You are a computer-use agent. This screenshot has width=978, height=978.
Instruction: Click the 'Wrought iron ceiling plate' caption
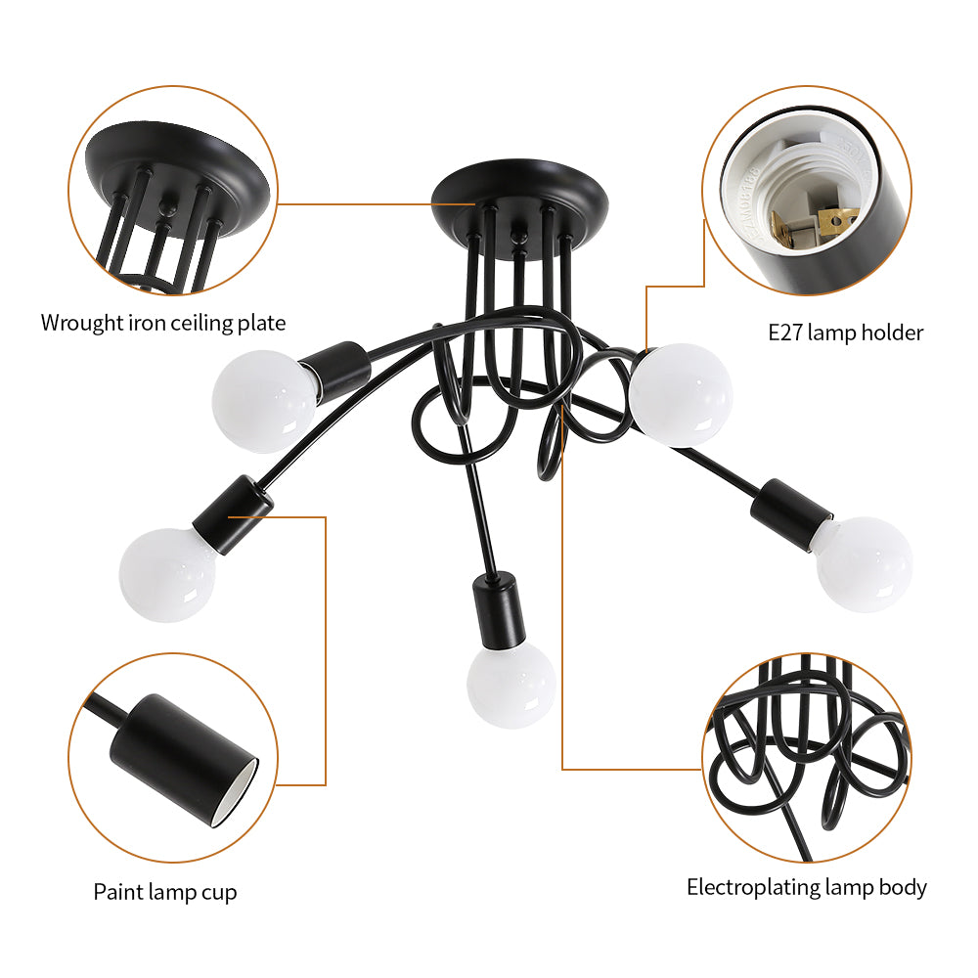point(163,323)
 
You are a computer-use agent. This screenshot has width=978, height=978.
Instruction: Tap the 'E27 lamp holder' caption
point(845,333)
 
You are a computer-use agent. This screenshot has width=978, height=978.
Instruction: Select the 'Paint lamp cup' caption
point(165,892)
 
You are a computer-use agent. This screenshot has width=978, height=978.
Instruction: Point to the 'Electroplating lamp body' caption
point(807,888)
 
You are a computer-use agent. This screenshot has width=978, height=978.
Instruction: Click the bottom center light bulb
point(511,685)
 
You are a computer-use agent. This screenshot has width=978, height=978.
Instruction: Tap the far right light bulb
point(864,564)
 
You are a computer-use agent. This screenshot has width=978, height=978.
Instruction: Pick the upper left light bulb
point(264,401)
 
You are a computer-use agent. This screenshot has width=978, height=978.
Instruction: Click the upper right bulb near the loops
point(681,395)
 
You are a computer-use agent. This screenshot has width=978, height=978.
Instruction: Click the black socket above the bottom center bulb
point(497,610)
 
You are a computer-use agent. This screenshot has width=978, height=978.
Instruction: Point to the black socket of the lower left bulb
point(233,515)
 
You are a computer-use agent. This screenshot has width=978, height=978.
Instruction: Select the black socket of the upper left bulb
point(334,370)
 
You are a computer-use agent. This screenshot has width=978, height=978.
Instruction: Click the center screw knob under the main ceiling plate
point(517,236)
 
